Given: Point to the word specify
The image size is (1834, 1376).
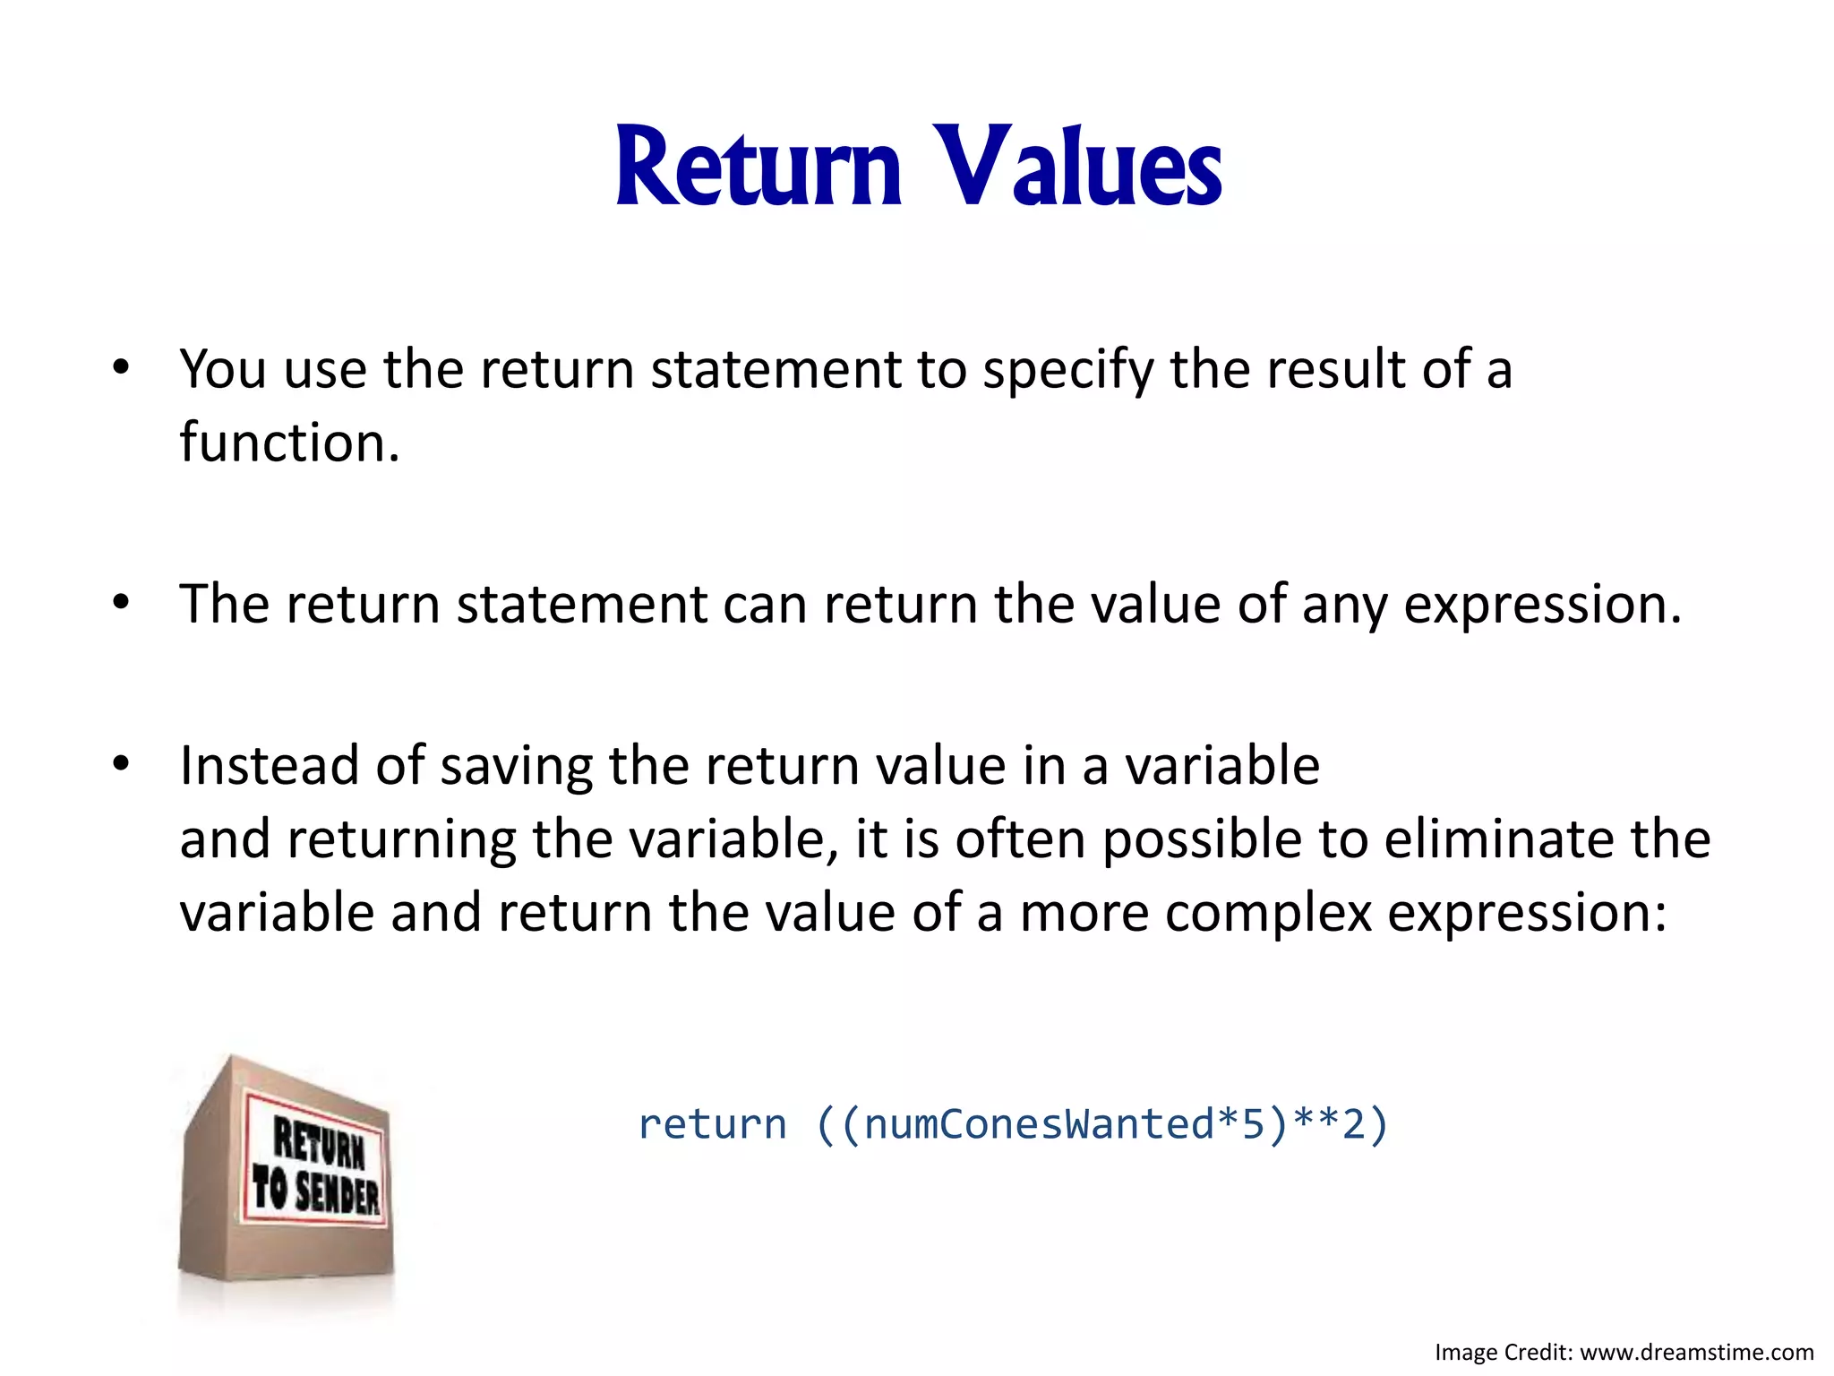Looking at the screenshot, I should point(1068,370).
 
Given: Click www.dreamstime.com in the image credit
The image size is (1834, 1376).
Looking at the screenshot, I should point(1696,1352).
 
